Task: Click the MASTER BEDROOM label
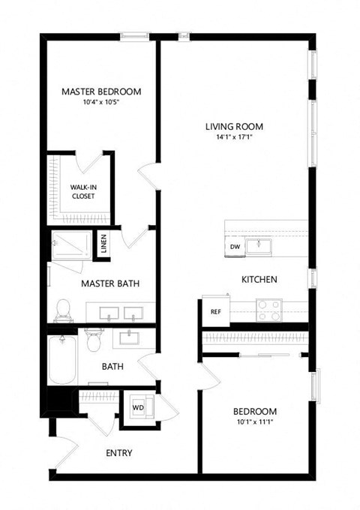[x=101, y=91]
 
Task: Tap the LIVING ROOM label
[x=234, y=126]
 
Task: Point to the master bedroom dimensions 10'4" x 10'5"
[x=101, y=103]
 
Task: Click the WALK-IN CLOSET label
[x=82, y=191]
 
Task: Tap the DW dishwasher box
[x=235, y=247]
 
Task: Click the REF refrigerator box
[x=214, y=310]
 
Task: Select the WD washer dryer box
[x=139, y=407]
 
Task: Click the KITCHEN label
[x=259, y=279]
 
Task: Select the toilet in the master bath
[x=64, y=308]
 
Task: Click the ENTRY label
[x=119, y=452]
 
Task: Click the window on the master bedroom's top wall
[x=133, y=34]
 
